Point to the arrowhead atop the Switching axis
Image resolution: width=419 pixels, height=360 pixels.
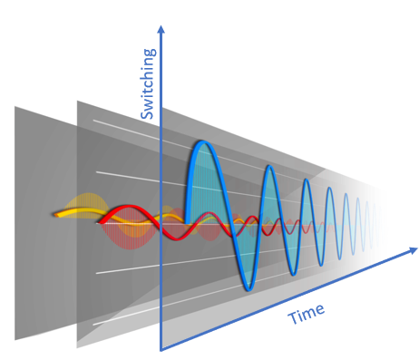[161, 29]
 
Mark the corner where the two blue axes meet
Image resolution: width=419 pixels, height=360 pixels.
[161, 349]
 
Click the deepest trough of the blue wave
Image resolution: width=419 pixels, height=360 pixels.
[247, 287]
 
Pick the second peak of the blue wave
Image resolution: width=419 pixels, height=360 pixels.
[269, 168]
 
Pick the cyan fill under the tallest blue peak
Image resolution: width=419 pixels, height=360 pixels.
[201, 186]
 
